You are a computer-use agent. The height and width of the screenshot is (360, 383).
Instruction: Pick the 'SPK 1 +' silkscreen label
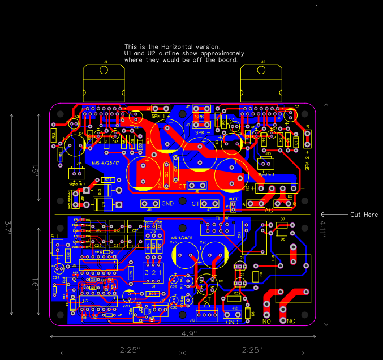(161, 116)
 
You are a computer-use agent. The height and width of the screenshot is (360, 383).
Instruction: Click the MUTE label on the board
(233, 199)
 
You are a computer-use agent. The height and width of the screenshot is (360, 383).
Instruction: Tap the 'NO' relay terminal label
(267, 322)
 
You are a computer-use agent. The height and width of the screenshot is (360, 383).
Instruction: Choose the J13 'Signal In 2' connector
(266, 164)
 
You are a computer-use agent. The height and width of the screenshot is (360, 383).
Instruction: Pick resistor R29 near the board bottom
(152, 294)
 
